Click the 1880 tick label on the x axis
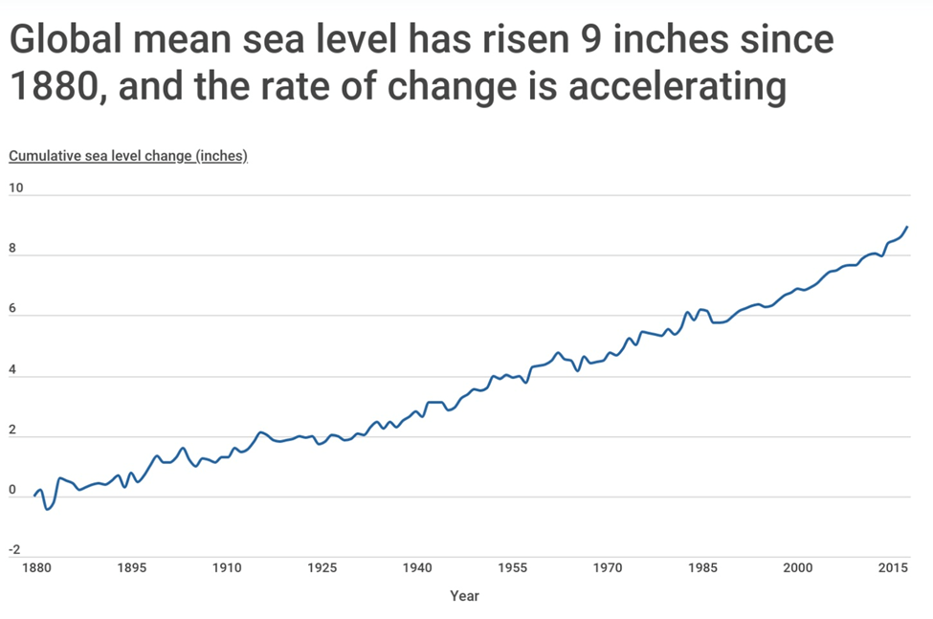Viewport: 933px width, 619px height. click(34, 567)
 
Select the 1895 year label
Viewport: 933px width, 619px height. click(131, 567)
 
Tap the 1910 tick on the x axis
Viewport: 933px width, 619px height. click(226, 567)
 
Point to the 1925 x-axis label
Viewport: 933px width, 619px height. click(322, 567)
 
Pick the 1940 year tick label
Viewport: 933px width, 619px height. click(417, 567)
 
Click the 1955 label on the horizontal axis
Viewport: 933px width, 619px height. click(513, 567)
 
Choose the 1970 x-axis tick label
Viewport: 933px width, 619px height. click(608, 567)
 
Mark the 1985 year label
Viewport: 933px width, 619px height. click(703, 567)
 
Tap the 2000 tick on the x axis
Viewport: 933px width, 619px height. click(798, 567)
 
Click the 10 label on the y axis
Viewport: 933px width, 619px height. click(15, 188)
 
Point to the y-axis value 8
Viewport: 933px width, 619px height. click(12, 248)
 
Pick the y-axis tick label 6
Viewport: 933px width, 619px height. click(12, 308)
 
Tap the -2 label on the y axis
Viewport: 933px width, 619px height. click(14, 549)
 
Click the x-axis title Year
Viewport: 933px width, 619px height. click(464, 596)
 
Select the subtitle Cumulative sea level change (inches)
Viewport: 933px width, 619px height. click(128, 156)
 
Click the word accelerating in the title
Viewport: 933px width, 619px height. click(678, 86)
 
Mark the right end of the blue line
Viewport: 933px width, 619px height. click(907, 227)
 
